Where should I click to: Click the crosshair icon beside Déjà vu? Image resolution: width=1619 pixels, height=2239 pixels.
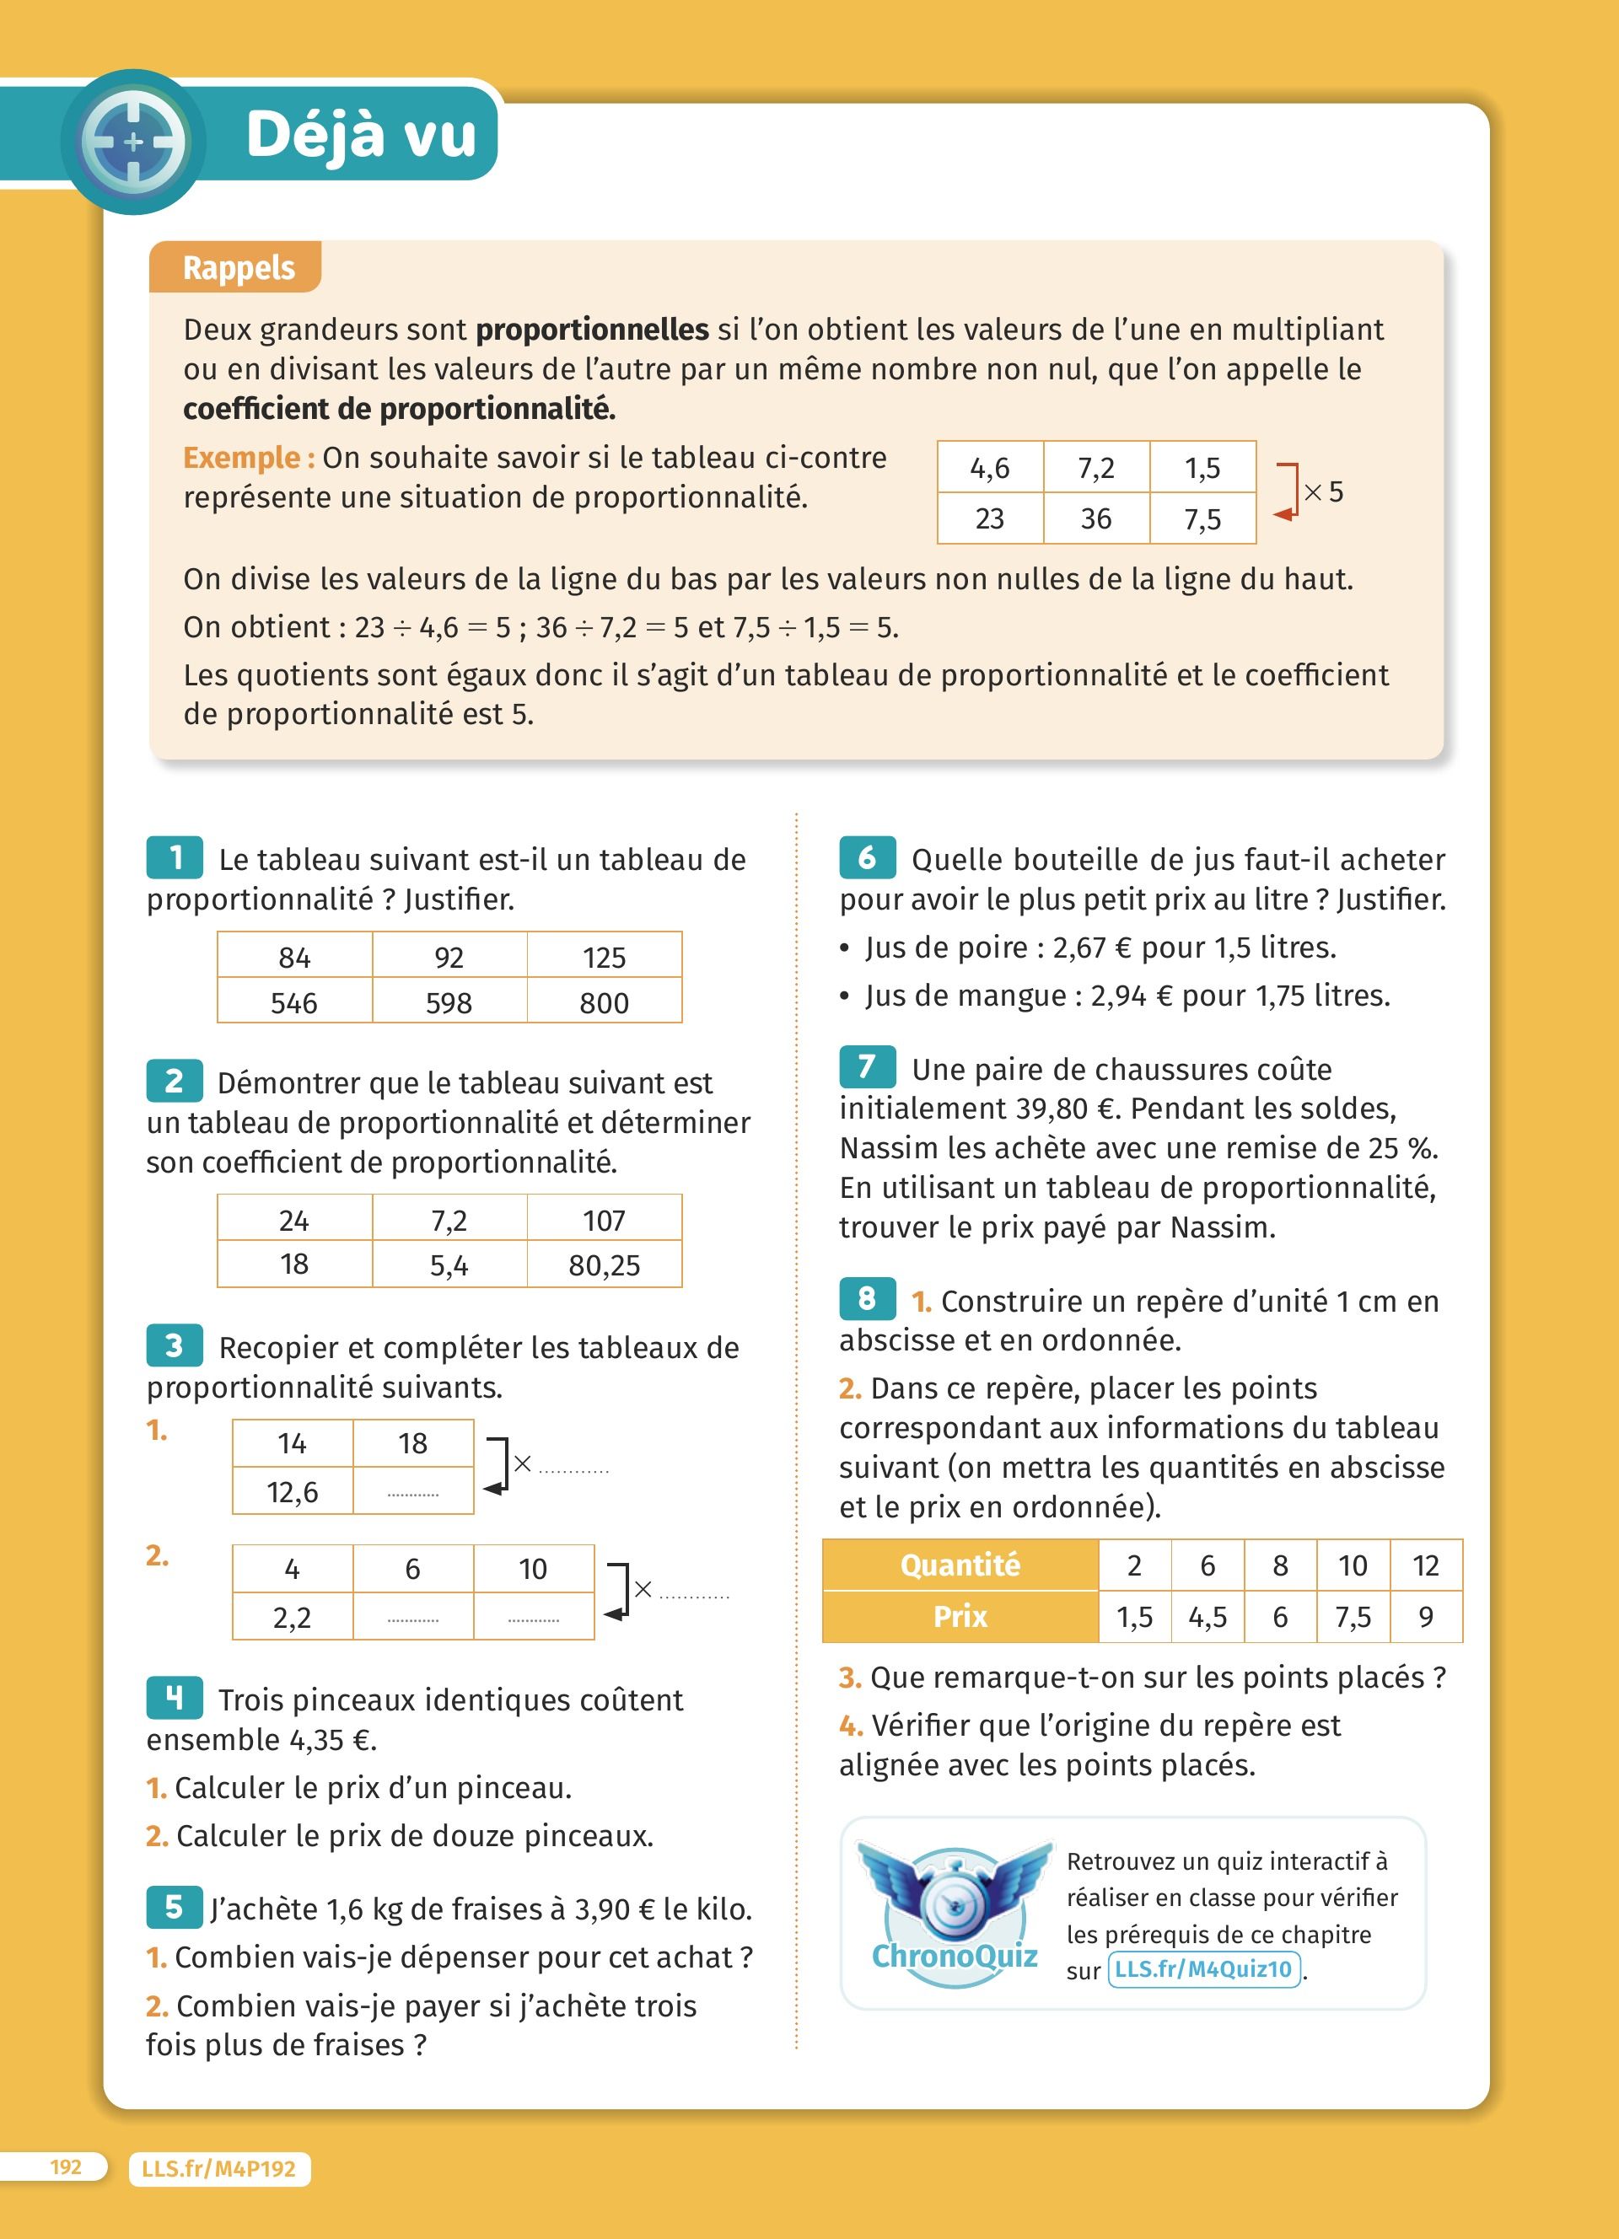coord(133,141)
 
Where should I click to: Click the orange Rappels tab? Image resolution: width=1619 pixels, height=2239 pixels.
coord(237,267)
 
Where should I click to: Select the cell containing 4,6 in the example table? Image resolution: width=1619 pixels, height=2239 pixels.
coord(989,468)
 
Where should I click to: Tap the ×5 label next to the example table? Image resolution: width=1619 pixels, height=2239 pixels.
coord(1324,491)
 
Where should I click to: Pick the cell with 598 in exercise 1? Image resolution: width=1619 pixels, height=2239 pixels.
coord(449,1002)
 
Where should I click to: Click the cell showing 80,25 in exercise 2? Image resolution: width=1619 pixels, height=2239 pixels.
coord(604,1264)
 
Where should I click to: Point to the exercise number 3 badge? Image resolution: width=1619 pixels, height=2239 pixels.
coord(175,1345)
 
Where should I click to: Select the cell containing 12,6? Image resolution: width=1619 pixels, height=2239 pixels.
coord(293,1491)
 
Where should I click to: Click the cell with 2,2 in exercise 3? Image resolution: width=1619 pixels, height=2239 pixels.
coord(293,1617)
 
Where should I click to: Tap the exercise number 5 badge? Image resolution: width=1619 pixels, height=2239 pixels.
coord(175,1906)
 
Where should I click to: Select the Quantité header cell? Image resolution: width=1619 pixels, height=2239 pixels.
coord(960,1565)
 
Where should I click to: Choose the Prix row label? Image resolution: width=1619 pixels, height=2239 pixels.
coord(960,1616)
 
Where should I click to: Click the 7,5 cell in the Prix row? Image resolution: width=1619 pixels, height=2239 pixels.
coord(1353,1617)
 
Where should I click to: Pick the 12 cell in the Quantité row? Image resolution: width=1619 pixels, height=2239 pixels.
coord(1426,1565)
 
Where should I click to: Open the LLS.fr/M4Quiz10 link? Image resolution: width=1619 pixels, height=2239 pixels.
coord(1203,1969)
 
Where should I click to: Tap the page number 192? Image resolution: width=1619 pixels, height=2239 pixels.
coord(66,2167)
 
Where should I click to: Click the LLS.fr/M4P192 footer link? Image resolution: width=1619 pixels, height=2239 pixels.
coord(219,2169)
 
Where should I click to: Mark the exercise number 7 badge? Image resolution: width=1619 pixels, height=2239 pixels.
coord(867,1067)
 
